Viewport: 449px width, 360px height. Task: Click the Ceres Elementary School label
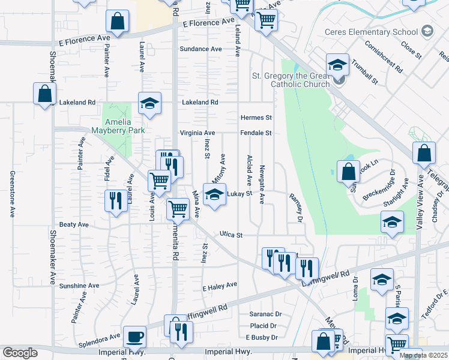(371, 32)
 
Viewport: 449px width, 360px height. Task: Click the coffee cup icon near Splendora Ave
(134, 337)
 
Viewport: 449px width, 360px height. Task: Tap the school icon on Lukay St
(214, 194)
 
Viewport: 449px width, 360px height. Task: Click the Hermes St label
(256, 118)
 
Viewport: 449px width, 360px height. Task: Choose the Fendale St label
(256, 133)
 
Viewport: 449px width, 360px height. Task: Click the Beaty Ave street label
(74, 224)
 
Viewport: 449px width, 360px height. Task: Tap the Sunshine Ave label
(79, 286)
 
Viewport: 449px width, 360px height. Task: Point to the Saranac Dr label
(265, 314)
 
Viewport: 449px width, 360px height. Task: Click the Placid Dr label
(264, 326)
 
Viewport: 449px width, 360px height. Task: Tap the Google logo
(20, 353)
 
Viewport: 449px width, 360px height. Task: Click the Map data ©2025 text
(423, 355)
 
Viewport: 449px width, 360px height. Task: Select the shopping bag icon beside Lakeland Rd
(44, 94)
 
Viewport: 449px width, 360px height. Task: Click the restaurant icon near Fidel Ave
(115, 200)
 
